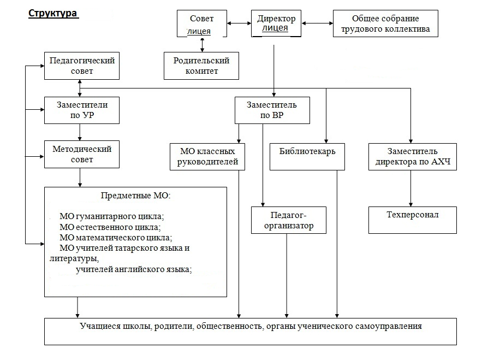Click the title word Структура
pyautogui.click(x=52, y=14)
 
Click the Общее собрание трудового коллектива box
pyautogui.click(x=385, y=24)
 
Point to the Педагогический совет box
pyautogui.click(x=82, y=66)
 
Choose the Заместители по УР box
pyautogui.click(x=82, y=110)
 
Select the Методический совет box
pyautogui.click(x=82, y=154)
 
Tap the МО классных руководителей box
pyautogui.click(x=207, y=156)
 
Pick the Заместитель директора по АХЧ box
pyautogui.click(x=412, y=156)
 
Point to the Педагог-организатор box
pyautogui.click(x=289, y=220)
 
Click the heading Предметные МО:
pyautogui.click(x=136, y=196)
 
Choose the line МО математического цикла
pyautogui.click(x=116, y=238)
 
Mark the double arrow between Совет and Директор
pyautogui.click(x=239, y=23)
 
